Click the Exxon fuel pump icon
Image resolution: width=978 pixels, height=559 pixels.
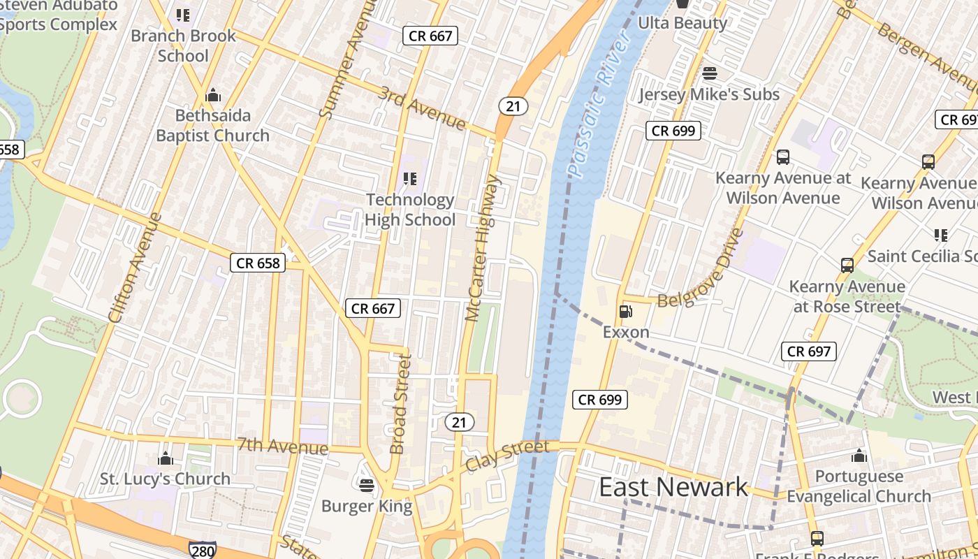click(x=625, y=312)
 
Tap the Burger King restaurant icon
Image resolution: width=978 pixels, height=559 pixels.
click(x=367, y=484)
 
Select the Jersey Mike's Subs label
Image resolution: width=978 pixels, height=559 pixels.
click(x=708, y=94)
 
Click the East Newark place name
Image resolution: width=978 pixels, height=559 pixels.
click(x=673, y=487)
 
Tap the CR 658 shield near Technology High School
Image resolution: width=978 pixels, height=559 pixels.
click(x=258, y=263)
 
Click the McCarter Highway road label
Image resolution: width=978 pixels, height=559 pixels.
click(x=483, y=248)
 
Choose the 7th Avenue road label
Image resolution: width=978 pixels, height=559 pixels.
click(x=282, y=445)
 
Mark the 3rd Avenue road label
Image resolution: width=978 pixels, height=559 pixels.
click(x=422, y=108)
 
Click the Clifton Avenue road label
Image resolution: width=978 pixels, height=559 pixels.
click(x=136, y=268)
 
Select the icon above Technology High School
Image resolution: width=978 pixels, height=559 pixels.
click(x=410, y=179)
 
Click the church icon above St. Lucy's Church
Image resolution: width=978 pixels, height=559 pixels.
click(x=166, y=458)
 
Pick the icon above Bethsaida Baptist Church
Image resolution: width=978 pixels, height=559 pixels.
click(x=212, y=95)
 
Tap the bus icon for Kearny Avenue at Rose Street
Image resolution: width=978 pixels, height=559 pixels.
click(x=847, y=266)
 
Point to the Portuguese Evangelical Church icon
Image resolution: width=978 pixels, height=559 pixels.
click(x=859, y=456)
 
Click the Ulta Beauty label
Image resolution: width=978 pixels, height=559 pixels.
click(x=683, y=23)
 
